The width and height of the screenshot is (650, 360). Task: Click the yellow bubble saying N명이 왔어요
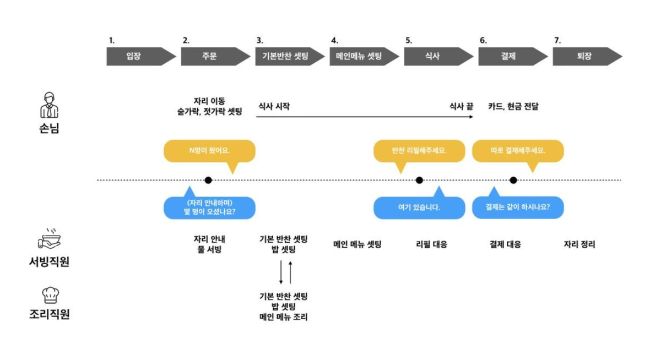[209, 151]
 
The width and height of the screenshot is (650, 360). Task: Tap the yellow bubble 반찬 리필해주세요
[419, 151]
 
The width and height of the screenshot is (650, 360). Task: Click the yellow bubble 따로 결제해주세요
[518, 151]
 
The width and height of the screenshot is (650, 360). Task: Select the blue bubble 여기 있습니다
[419, 208]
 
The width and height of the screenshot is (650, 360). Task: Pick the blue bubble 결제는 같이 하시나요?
[518, 208]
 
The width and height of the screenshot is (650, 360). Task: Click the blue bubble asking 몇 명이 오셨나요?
[209, 208]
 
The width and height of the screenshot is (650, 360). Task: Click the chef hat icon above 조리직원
[50, 296]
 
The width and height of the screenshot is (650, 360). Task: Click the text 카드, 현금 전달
[513, 107]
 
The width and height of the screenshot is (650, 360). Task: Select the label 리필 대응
[431, 244]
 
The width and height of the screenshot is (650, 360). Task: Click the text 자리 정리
[579, 244]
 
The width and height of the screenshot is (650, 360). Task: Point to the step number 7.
[556, 41]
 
